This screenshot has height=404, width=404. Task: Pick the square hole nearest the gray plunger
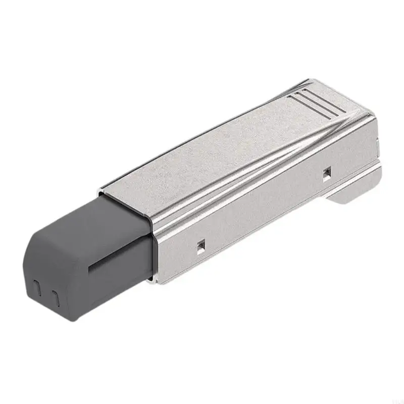201,245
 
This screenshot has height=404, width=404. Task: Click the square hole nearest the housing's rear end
327,174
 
